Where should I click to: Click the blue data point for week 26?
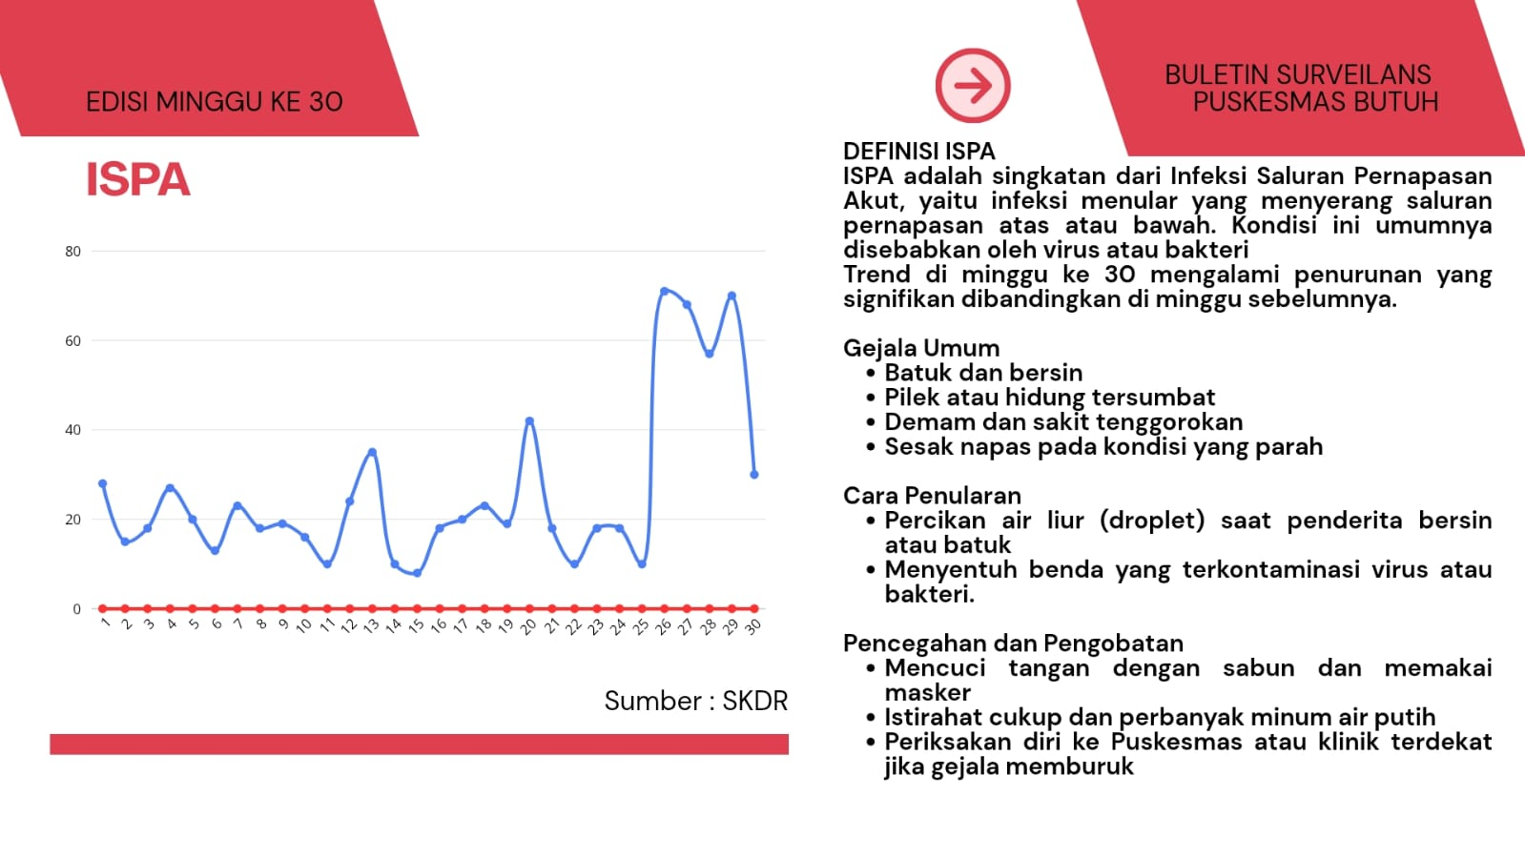pos(665,292)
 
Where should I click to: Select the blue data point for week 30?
pos(754,475)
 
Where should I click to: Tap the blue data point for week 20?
pos(529,421)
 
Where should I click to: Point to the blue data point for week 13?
pos(372,452)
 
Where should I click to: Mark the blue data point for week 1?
pos(103,484)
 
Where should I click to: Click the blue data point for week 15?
pos(418,573)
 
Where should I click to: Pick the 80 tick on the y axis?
pos(72,251)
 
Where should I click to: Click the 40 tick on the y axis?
pos(72,430)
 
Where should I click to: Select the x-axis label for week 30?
pos(752,626)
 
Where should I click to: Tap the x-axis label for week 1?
pos(105,622)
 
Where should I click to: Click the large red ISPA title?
pos(138,180)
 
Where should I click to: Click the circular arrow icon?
pos(973,86)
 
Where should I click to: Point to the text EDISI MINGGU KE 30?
pos(215,102)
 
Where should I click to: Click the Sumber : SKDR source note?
pos(696,701)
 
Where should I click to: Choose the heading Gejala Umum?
pos(921,348)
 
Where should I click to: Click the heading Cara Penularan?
pos(932,496)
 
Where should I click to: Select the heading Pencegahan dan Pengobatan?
pos(1013,643)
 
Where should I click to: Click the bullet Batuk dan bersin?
pos(983,373)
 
